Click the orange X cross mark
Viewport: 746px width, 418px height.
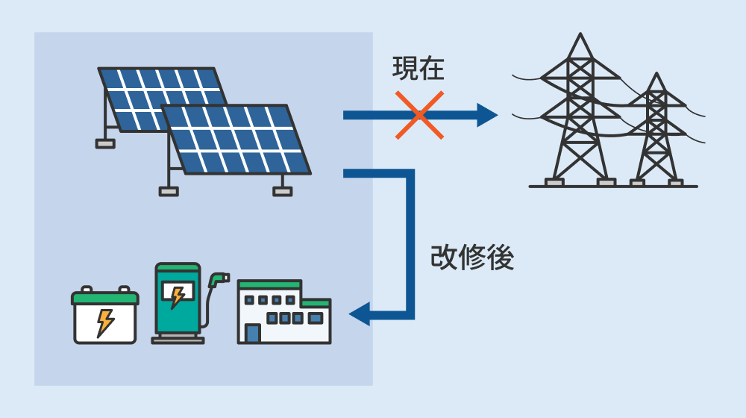pyautogui.click(x=419, y=115)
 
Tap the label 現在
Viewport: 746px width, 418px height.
pyautogui.click(x=419, y=68)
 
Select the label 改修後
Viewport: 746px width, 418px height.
pyautogui.click(x=472, y=258)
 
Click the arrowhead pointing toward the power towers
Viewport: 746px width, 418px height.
pyautogui.click(x=487, y=115)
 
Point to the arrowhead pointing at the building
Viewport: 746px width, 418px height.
pyautogui.click(x=360, y=314)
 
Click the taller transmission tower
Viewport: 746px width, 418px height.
pyautogui.click(x=580, y=110)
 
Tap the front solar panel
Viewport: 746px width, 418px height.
pyautogui.click(x=236, y=139)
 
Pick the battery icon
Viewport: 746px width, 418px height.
pyautogui.click(x=105, y=315)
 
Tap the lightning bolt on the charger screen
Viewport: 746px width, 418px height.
pyautogui.click(x=178, y=296)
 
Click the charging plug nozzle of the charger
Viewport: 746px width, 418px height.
pyautogui.click(x=219, y=279)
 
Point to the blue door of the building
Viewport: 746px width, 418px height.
pyautogui.click(x=253, y=333)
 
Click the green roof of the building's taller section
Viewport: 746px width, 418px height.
pyautogui.click(x=270, y=284)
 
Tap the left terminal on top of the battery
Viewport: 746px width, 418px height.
pyautogui.click(x=86, y=289)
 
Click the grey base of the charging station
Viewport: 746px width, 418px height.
pyautogui.click(x=178, y=338)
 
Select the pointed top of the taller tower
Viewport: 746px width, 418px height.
pyautogui.click(x=580, y=34)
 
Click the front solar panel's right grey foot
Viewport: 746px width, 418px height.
pyautogui.click(x=283, y=191)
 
